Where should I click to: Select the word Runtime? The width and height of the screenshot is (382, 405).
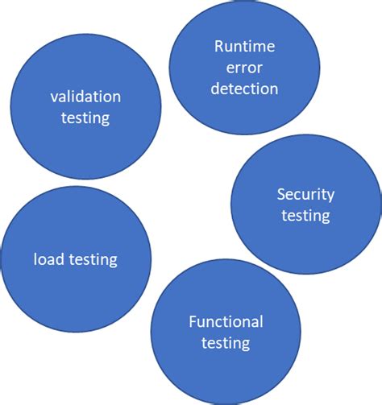[x=244, y=46]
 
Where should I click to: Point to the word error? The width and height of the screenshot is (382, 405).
[x=244, y=67]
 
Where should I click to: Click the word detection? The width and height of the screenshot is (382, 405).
[x=244, y=88]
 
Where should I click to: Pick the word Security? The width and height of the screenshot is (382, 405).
[x=305, y=194]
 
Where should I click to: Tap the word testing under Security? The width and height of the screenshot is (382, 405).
[x=305, y=215]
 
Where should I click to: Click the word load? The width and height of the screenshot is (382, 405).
[x=46, y=259]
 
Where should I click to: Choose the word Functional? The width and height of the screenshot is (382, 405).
[x=226, y=323]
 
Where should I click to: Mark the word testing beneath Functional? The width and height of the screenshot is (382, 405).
[x=226, y=344]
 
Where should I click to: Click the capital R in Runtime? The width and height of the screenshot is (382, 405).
[x=218, y=46]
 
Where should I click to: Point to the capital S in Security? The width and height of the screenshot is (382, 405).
[x=281, y=194]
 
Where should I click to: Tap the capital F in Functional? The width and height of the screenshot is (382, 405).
[x=193, y=323]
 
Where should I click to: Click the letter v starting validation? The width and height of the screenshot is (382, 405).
[x=52, y=97]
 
